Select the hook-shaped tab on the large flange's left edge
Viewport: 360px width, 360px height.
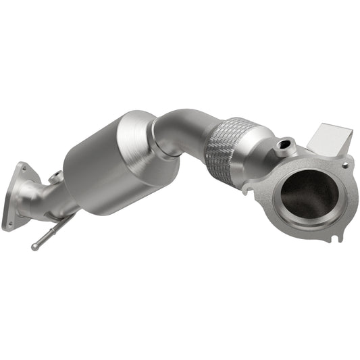tap(249, 185)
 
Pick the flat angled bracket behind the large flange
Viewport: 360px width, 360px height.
tap(330, 140)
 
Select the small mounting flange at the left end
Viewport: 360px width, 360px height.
tap(16, 197)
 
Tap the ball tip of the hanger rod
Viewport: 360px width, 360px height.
tap(34, 247)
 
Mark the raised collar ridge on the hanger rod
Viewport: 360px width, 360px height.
tap(67, 224)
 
